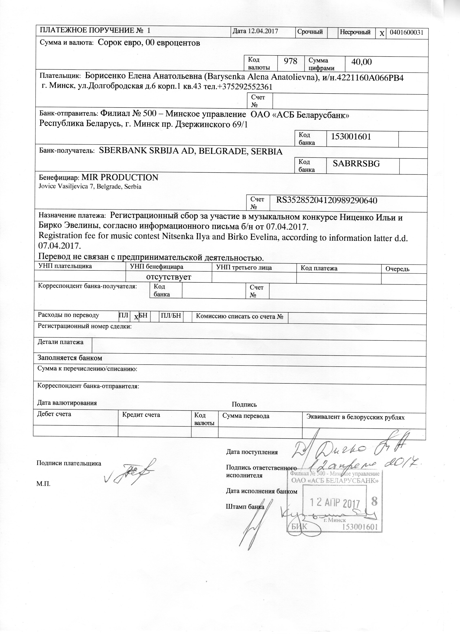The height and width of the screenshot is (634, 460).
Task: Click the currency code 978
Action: pos(290,61)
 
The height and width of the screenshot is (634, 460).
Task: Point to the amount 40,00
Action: pos(362,62)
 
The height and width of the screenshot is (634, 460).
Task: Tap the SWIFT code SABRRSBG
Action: pos(356,164)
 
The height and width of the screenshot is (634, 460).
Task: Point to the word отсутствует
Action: pos(169,277)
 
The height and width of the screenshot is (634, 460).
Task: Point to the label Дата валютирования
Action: pos(67,403)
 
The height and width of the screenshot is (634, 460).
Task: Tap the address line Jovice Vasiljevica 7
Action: pos(90,187)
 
